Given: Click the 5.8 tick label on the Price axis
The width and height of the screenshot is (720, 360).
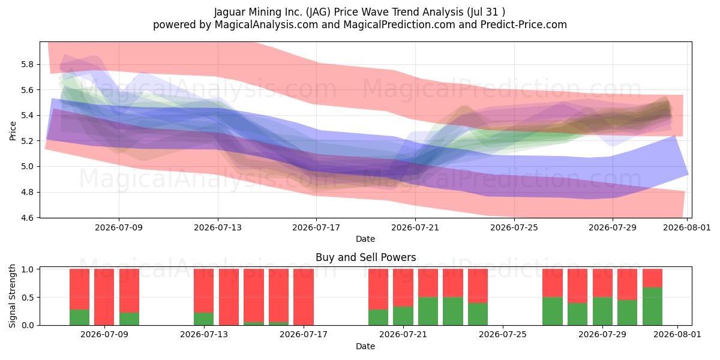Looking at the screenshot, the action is click(x=26, y=64).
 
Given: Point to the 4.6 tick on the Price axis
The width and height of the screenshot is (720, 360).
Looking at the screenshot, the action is click(x=26, y=218).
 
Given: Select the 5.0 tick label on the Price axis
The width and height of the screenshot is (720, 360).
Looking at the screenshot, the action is click(x=26, y=167).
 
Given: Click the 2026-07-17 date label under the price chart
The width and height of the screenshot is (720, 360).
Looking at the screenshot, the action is click(x=316, y=227).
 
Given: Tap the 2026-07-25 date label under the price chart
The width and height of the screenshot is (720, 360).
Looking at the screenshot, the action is click(x=514, y=227).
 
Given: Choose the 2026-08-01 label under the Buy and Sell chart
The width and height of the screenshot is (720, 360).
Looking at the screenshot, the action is click(x=677, y=334).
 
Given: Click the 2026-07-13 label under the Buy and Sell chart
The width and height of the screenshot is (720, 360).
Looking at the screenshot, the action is click(x=204, y=334).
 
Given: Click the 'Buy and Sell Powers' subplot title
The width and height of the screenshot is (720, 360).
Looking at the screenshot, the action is click(x=366, y=257).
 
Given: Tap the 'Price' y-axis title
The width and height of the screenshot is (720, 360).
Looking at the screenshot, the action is click(x=13, y=131).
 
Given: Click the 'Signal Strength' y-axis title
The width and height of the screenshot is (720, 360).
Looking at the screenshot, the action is click(x=12, y=296).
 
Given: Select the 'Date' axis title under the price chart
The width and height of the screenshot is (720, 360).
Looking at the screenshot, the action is click(x=365, y=239).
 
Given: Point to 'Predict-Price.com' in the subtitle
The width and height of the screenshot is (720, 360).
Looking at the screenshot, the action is click(x=524, y=25).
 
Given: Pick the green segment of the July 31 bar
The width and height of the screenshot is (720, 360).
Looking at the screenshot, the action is click(x=653, y=307).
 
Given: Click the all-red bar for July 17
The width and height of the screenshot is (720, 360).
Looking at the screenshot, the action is click(x=304, y=297).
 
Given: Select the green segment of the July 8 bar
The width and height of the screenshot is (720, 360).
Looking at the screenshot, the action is click(x=79, y=317).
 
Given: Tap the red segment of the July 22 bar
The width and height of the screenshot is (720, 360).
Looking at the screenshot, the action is click(x=428, y=283).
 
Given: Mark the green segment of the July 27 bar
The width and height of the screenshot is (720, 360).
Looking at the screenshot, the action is click(x=553, y=311).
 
